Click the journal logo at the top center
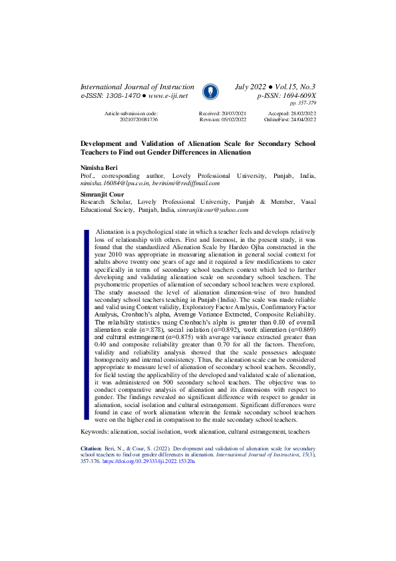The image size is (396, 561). click(207, 91)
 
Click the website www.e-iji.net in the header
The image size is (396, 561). click(164, 97)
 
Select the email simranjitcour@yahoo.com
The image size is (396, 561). click(212, 209)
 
